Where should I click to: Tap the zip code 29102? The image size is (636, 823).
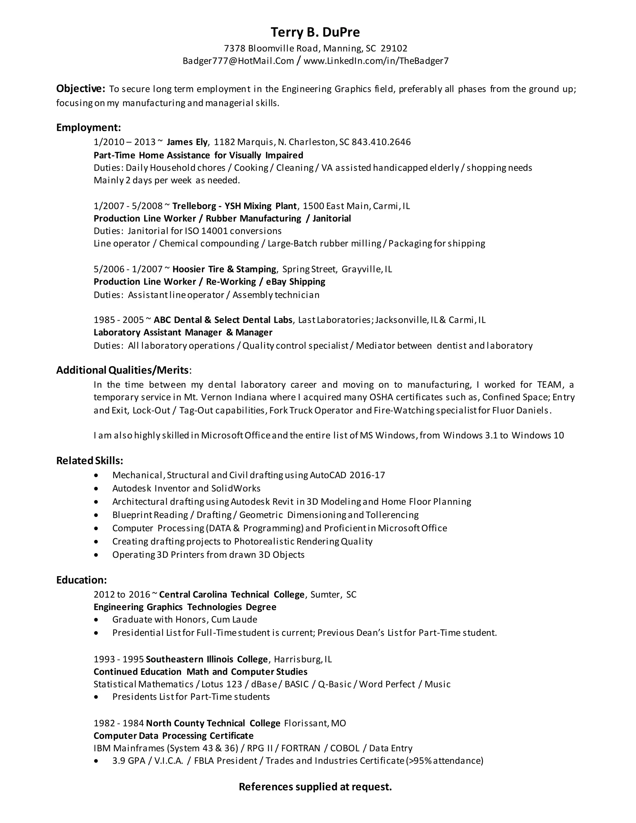pyautogui.click(x=394, y=49)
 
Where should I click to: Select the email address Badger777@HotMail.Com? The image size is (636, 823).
pyautogui.click(x=238, y=61)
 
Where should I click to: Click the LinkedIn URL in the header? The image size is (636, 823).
pyautogui.click(x=376, y=61)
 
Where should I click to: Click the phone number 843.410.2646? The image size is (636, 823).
pyautogui.click(x=381, y=142)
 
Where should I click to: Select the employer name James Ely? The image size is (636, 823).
pyautogui.click(x=187, y=142)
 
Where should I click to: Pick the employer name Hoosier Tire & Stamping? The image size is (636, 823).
pyautogui.click(x=224, y=269)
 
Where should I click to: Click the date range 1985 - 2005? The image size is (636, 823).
pyautogui.click(x=119, y=320)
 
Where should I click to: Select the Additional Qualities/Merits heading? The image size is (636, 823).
pyautogui.click(x=122, y=370)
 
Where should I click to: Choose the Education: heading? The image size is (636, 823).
pyautogui.click(x=81, y=580)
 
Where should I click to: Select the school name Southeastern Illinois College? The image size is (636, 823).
pyautogui.click(x=207, y=659)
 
